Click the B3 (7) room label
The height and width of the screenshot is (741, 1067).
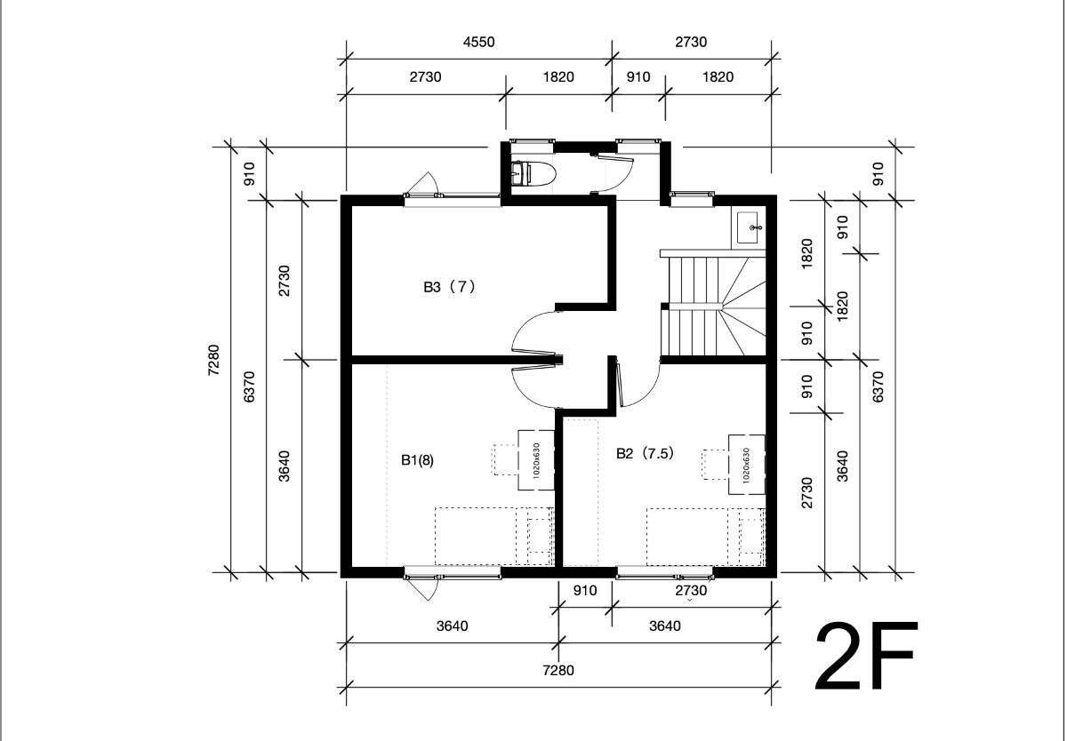[449, 287]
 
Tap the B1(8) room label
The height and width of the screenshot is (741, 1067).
[417, 460]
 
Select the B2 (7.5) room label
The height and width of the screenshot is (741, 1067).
[645, 453]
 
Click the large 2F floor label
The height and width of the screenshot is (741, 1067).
[865, 657]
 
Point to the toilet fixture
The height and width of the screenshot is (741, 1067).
[533, 174]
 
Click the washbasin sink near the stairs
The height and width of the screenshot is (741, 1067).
[749, 228]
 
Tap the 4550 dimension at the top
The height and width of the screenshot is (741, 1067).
[478, 42]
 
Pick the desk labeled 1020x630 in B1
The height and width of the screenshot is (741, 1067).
[536, 460]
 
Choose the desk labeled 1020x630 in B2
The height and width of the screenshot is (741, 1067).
[746, 465]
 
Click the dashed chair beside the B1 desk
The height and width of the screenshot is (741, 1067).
[505, 459]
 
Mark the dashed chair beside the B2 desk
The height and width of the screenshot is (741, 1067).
[715, 465]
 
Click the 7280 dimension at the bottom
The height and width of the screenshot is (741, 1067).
[558, 671]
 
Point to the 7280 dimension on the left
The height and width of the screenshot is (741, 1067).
[214, 360]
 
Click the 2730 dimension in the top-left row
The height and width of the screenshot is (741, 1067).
[425, 77]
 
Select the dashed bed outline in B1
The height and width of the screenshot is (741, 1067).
[494, 537]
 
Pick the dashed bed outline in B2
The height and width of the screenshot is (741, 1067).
[705, 537]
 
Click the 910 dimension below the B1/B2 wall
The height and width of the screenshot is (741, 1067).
[585, 591]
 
